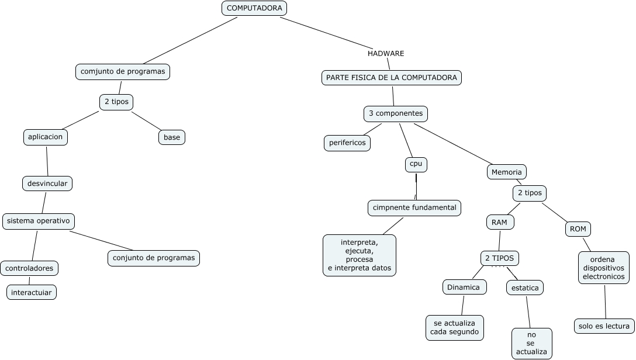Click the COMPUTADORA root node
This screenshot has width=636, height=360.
pyautogui.click(x=254, y=8)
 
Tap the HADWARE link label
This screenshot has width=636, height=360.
pyautogui.click(x=386, y=53)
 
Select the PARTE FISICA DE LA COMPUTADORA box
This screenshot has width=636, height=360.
pyautogui.click(x=392, y=78)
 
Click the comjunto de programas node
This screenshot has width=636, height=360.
pyautogui.click(x=123, y=71)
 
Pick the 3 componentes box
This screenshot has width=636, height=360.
pyautogui.click(x=396, y=113)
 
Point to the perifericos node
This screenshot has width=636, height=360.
pyautogui.click(x=347, y=143)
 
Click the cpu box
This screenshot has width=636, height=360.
pyautogui.click(x=416, y=165)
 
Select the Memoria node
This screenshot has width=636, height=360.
pyautogui.click(x=507, y=172)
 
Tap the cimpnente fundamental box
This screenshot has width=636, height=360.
pyautogui.click(x=414, y=207)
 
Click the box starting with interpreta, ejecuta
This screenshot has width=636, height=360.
pyautogui.click(x=360, y=255)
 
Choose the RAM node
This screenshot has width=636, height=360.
pyautogui.click(x=500, y=222)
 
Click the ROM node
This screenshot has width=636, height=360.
pyautogui.click(x=578, y=229)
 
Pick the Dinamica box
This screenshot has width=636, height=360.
pyautogui.click(x=464, y=287)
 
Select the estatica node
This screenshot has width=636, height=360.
pyautogui.click(x=525, y=288)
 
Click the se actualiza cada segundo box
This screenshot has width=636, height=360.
pyautogui.click(x=455, y=327)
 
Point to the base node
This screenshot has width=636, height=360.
pyautogui.click(x=172, y=137)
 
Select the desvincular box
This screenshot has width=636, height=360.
pyautogui.click(x=47, y=184)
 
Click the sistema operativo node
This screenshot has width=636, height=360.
pyautogui.click(x=39, y=221)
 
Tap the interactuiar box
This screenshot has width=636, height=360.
pyautogui.click(x=32, y=292)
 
